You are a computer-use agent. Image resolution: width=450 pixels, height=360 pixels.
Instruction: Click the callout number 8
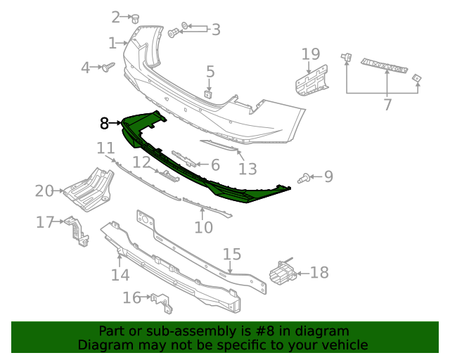click(x=104, y=124)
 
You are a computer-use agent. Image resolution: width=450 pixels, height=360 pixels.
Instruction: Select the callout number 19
click(x=311, y=54)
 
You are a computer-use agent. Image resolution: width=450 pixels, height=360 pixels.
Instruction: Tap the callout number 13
click(x=247, y=168)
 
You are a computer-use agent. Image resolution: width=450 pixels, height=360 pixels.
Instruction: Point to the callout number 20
click(x=44, y=190)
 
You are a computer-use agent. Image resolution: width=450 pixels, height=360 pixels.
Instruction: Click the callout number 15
click(x=232, y=254)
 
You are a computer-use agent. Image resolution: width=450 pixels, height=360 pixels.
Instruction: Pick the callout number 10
click(x=203, y=227)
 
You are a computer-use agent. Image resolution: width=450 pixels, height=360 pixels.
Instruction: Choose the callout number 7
click(x=387, y=105)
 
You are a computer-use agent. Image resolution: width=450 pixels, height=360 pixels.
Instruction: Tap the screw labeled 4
click(x=108, y=68)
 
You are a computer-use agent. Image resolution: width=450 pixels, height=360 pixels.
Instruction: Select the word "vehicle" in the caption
click(x=344, y=345)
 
